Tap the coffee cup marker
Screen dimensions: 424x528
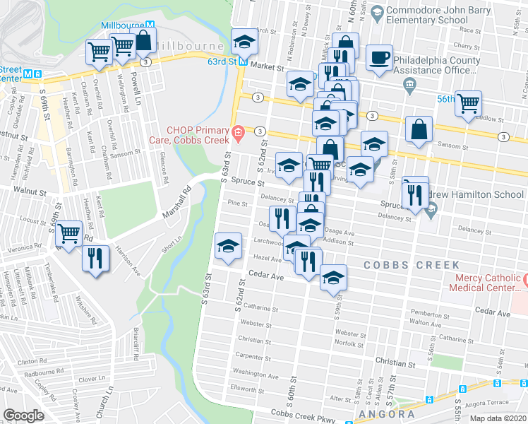pyautogui.click(x=380, y=58)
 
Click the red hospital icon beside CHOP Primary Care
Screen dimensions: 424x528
pyautogui.click(x=239, y=131)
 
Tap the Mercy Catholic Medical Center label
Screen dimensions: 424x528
pyautogui.click(x=488, y=283)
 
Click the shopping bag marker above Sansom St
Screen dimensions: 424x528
pyautogui.click(x=419, y=129)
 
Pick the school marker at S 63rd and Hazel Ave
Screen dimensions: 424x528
pyautogui.click(x=228, y=246)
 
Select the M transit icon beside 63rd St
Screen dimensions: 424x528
pyautogui.click(x=241, y=61)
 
